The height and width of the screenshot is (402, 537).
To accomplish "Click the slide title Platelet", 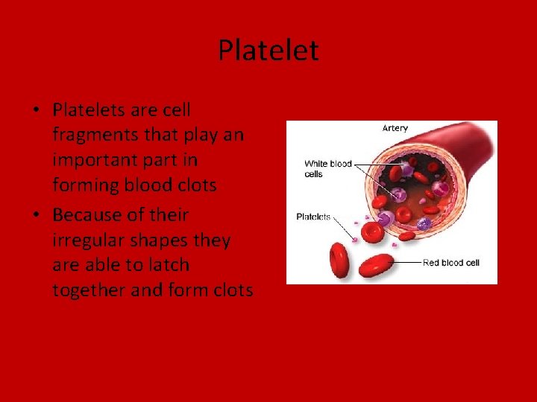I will click(x=268, y=51).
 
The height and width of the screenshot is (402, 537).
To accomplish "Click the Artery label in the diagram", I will click(x=395, y=128).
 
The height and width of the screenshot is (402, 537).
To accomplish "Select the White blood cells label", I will click(x=327, y=169).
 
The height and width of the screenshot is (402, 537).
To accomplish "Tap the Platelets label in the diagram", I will click(x=313, y=217).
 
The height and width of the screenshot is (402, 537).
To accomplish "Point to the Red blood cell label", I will click(x=451, y=262).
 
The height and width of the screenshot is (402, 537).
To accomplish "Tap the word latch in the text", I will click(x=168, y=265).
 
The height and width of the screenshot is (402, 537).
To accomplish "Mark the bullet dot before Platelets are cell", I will click(x=36, y=111).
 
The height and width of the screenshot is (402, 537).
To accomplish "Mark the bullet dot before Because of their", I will click(x=36, y=216).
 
